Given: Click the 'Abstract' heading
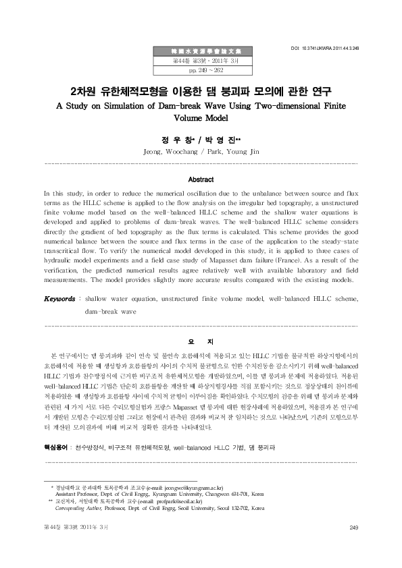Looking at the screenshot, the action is point(201,179).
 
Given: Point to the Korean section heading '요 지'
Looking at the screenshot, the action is point(201,342).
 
